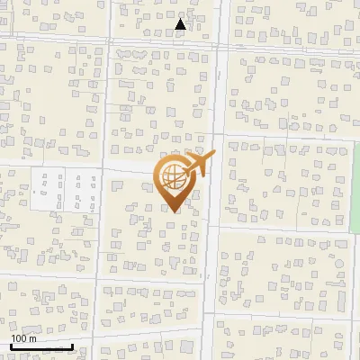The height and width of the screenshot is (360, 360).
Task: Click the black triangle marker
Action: (181, 24)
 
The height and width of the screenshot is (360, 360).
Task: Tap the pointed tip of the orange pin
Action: (172, 211)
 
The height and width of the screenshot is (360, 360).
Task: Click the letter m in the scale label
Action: (33, 338)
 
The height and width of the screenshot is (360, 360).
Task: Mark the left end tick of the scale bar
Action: (11, 346)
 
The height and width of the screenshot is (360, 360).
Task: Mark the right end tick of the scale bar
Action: (72, 346)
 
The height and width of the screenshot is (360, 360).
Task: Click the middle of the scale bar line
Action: (41, 347)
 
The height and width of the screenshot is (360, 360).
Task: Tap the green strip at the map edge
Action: (355, 189)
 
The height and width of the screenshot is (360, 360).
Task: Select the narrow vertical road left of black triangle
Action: (109, 22)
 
